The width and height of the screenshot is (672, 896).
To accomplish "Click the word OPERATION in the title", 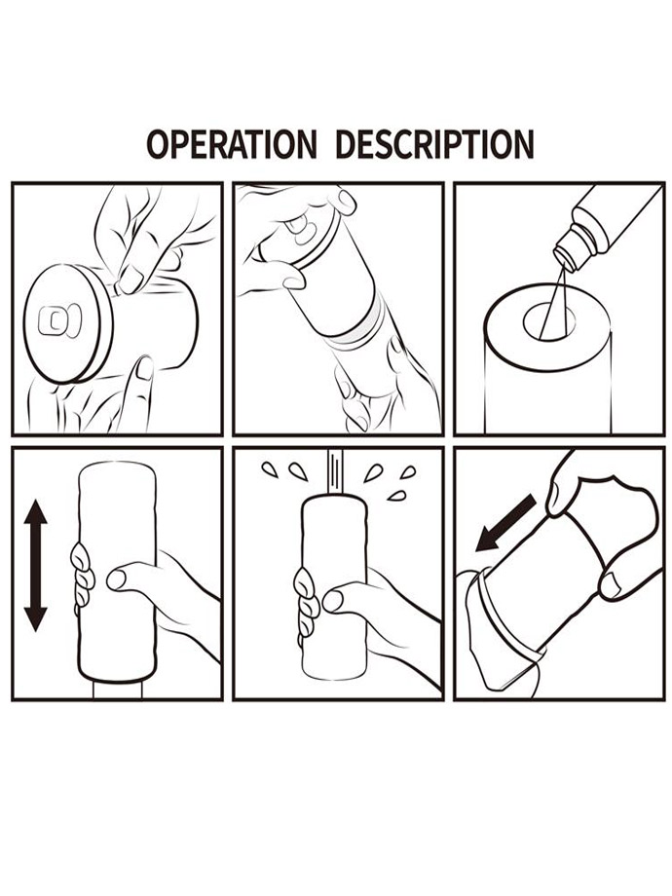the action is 232,144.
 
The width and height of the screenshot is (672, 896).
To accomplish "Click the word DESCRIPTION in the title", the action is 435,144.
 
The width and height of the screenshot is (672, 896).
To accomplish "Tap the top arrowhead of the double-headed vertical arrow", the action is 36,512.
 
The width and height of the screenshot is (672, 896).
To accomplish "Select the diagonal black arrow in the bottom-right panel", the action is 505,523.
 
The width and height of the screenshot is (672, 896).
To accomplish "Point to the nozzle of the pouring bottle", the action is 569,250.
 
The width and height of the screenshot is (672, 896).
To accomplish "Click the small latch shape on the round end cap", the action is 59,320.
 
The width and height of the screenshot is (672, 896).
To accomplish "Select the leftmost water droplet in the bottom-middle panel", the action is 270,469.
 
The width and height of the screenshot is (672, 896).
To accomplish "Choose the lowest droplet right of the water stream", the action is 396,495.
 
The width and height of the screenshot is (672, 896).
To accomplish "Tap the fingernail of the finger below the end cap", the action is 144,368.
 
